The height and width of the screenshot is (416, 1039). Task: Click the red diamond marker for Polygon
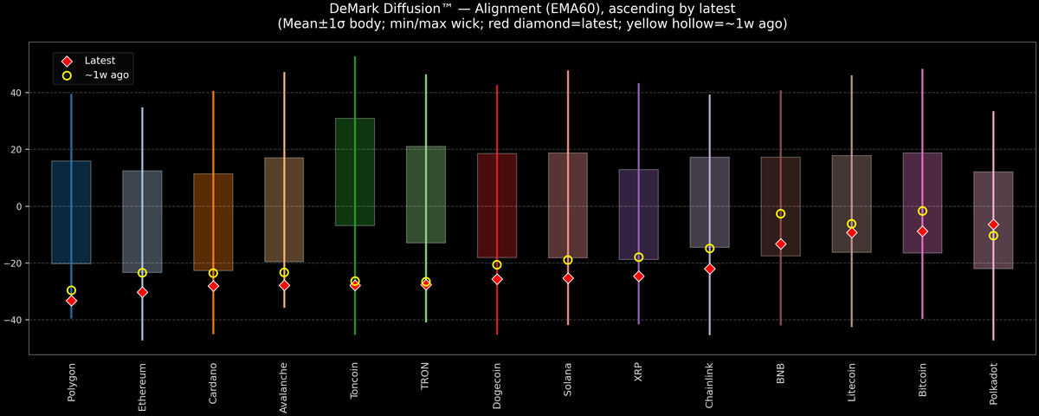click(71, 301)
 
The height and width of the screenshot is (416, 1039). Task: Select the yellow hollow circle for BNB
click(781, 214)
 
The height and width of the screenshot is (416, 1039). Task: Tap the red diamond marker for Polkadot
click(993, 224)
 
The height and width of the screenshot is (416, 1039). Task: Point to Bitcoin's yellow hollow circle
click(922, 211)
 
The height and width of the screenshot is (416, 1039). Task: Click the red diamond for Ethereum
click(142, 292)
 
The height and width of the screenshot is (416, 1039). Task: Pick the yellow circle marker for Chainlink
click(710, 249)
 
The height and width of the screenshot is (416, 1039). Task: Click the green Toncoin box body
click(355, 172)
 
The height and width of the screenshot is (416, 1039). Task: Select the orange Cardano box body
click(213, 222)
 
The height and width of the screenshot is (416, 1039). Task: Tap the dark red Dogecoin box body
click(497, 205)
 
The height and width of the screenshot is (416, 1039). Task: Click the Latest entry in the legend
click(100, 61)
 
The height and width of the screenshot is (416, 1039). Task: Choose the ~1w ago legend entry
click(106, 76)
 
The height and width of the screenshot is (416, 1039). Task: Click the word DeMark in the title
click(358, 9)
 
